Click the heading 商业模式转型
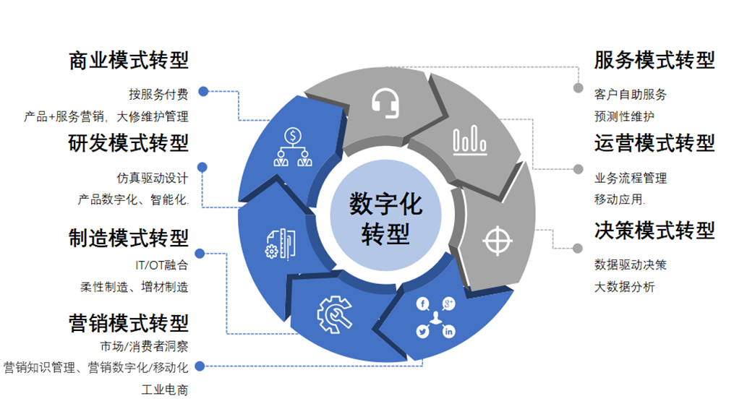(x=128, y=61)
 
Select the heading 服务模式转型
(x=654, y=61)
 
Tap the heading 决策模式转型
(x=654, y=231)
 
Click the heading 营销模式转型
(x=128, y=322)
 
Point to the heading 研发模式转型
(x=128, y=143)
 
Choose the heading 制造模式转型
(x=128, y=238)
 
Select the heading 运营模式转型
(x=654, y=143)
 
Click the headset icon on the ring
(x=385, y=103)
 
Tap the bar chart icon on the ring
(x=469, y=140)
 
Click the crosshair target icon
(x=498, y=240)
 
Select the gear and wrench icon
(x=333, y=312)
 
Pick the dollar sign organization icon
(x=293, y=147)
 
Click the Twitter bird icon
(x=422, y=332)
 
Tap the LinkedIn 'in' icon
(x=449, y=332)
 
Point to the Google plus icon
(x=448, y=304)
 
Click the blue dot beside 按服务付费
(x=203, y=92)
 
